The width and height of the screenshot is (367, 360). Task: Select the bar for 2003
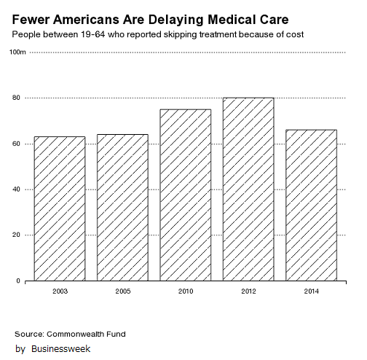coord(60,208)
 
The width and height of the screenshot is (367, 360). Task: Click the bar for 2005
coord(122,208)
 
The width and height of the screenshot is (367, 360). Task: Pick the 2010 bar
coord(186,195)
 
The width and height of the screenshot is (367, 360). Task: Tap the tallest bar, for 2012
coord(248,189)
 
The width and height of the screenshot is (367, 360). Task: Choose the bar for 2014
coord(311,206)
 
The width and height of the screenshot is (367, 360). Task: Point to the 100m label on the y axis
coord(17,52)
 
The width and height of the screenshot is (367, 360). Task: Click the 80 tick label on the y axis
coord(16,98)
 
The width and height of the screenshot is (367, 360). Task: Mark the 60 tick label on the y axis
coord(16,144)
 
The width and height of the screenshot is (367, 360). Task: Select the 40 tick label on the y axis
coord(16,189)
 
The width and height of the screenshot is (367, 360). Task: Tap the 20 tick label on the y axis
coord(16,235)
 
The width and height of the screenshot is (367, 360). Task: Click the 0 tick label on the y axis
coord(18,281)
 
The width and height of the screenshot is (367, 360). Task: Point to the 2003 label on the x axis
coord(60,291)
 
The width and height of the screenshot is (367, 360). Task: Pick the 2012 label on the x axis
coord(248,291)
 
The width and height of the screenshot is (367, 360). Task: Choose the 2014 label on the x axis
coord(312,291)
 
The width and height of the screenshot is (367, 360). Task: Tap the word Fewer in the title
coord(31,20)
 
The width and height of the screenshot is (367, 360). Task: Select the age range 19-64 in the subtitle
coord(93,34)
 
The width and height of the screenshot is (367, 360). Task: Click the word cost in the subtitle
coord(294,34)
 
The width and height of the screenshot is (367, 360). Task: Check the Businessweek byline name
coord(60,349)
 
